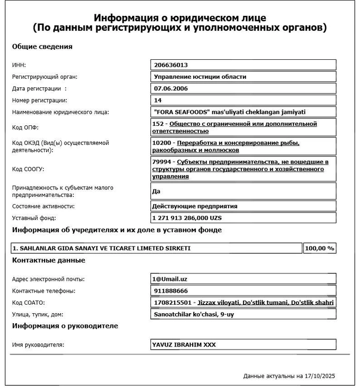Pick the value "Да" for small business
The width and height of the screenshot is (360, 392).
click(156, 191)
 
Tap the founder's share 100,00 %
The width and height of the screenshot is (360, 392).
click(319, 248)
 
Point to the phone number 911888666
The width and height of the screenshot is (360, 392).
click(170, 291)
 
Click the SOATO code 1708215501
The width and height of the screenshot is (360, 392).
click(170, 303)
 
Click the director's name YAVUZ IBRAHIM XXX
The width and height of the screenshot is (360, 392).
click(184, 345)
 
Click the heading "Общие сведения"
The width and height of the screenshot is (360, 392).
click(42, 47)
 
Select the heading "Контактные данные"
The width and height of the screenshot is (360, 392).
click(48, 260)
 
